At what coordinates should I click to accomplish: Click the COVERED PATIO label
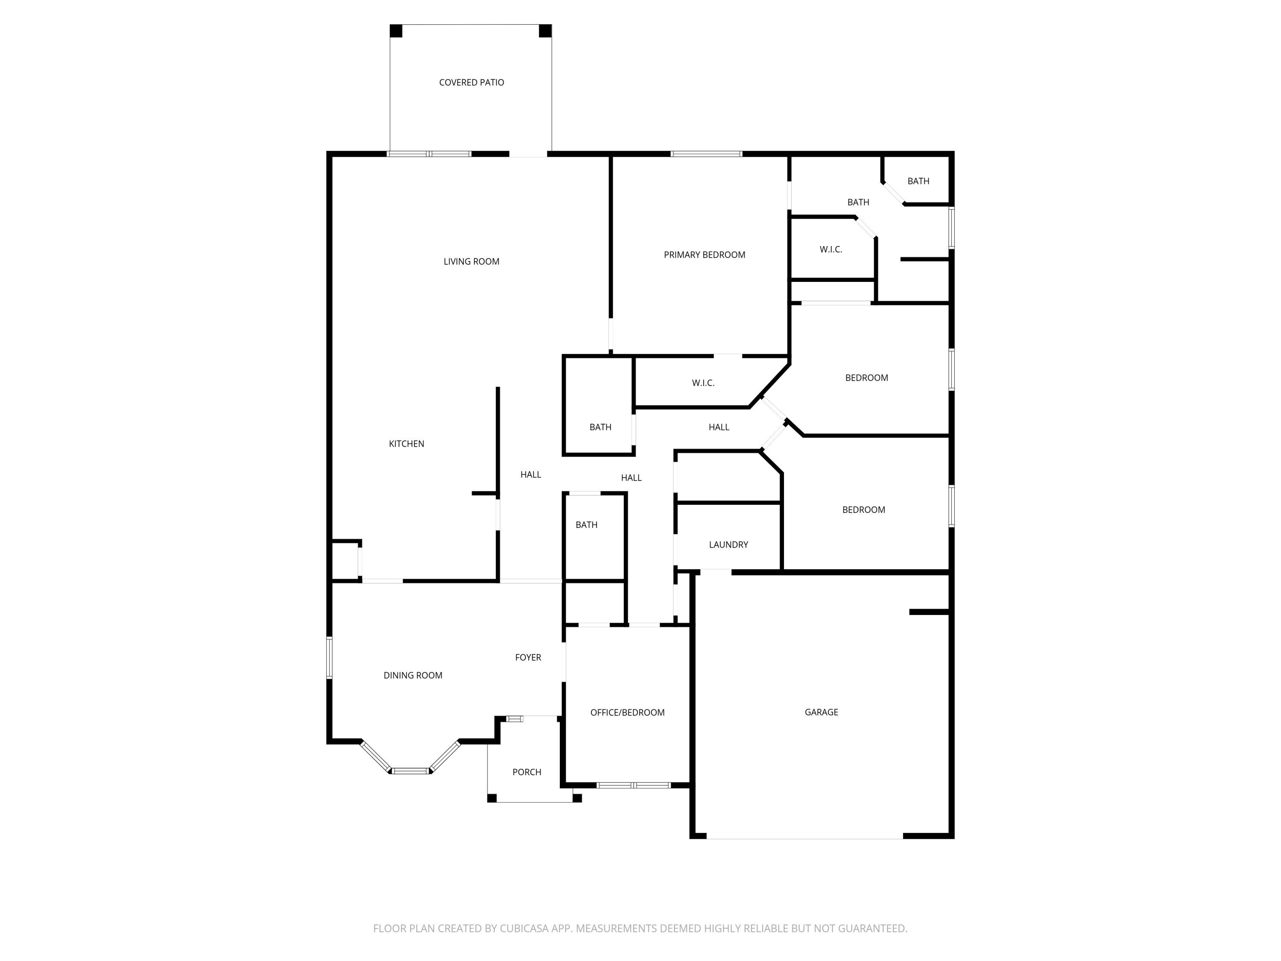click(471, 82)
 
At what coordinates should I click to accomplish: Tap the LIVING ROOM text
click(471, 261)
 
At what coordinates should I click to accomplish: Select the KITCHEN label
click(407, 444)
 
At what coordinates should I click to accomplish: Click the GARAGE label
click(821, 712)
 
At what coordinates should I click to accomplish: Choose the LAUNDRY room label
click(728, 545)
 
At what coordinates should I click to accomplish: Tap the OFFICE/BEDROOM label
click(627, 712)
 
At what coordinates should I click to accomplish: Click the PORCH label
click(527, 772)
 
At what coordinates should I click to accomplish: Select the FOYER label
click(528, 657)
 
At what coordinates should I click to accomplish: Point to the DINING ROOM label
click(413, 675)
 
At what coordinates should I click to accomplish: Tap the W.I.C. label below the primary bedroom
click(703, 383)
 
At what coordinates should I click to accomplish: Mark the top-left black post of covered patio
click(396, 31)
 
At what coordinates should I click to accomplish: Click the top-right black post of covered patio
click(545, 31)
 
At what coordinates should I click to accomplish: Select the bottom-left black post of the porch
click(491, 798)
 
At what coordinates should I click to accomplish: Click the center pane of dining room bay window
click(411, 771)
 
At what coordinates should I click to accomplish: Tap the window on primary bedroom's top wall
click(707, 154)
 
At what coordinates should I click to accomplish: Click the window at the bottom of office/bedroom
click(634, 785)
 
